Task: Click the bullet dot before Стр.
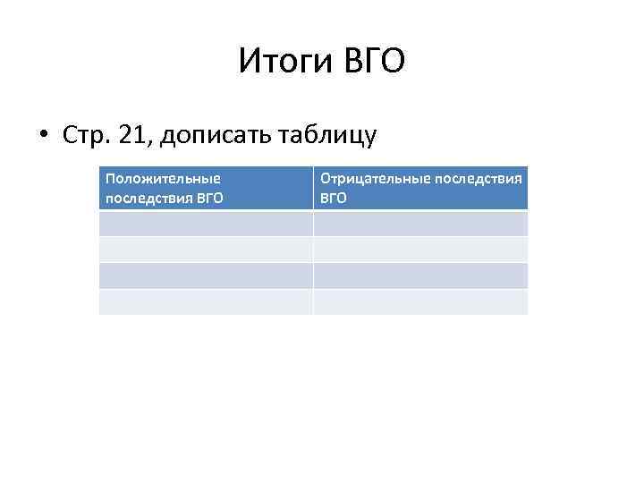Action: point(43,136)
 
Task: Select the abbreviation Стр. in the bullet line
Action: point(86,135)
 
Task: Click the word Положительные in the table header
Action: point(163,179)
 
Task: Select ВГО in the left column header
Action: point(207,198)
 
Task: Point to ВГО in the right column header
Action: point(333,198)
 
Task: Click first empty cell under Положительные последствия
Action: point(206,224)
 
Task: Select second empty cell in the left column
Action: point(206,250)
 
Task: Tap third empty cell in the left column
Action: point(206,275)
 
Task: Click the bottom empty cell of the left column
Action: point(206,301)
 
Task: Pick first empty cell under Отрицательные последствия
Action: point(420,224)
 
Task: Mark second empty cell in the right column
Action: point(420,250)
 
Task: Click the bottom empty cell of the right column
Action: point(420,301)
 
